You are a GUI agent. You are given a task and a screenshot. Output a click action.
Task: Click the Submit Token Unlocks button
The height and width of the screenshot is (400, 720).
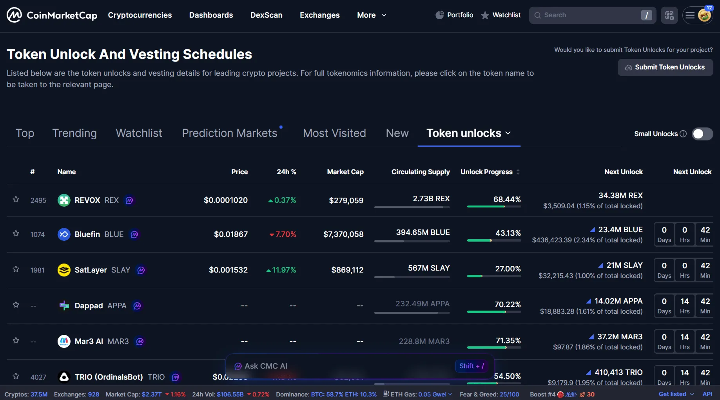tap(665, 67)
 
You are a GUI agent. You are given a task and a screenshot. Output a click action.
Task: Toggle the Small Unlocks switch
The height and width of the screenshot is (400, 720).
tap(702, 134)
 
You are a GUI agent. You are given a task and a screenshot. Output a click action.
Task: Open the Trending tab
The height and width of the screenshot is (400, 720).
tap(74, 133)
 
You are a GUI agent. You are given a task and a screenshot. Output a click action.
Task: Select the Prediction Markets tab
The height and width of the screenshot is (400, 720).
tap(230, 133)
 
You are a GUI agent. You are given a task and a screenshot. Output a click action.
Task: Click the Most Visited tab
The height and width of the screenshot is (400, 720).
tap(334, 133)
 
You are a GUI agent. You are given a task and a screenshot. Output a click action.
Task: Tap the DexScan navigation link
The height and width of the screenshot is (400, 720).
tap(266, 15)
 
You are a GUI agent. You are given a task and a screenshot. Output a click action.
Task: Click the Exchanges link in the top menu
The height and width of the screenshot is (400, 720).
tap(319, 15)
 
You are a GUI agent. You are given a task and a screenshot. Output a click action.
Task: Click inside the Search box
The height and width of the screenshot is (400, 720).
tap(588, 15)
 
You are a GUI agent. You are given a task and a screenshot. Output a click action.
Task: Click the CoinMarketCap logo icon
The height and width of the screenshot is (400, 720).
tap(14, 15)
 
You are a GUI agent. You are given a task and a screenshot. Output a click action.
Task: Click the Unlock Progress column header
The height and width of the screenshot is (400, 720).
tap(486, 172)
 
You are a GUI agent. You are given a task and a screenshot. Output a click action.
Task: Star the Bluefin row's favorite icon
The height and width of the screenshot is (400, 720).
tap(16, 234)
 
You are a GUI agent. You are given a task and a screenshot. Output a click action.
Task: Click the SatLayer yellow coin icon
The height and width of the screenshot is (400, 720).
tap(64, 270)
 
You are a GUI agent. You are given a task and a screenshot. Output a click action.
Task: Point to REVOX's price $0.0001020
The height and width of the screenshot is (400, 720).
tap(226, 200)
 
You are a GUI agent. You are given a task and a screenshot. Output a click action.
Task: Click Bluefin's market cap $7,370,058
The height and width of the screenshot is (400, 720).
tap(343, 234)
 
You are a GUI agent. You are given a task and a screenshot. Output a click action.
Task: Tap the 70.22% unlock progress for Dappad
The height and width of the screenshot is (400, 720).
tap(507, 304)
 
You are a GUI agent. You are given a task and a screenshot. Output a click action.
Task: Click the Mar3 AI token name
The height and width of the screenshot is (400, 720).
tap(89, 341)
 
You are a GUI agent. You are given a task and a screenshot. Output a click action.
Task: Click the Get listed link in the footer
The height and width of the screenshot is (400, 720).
tap(672, 394)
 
